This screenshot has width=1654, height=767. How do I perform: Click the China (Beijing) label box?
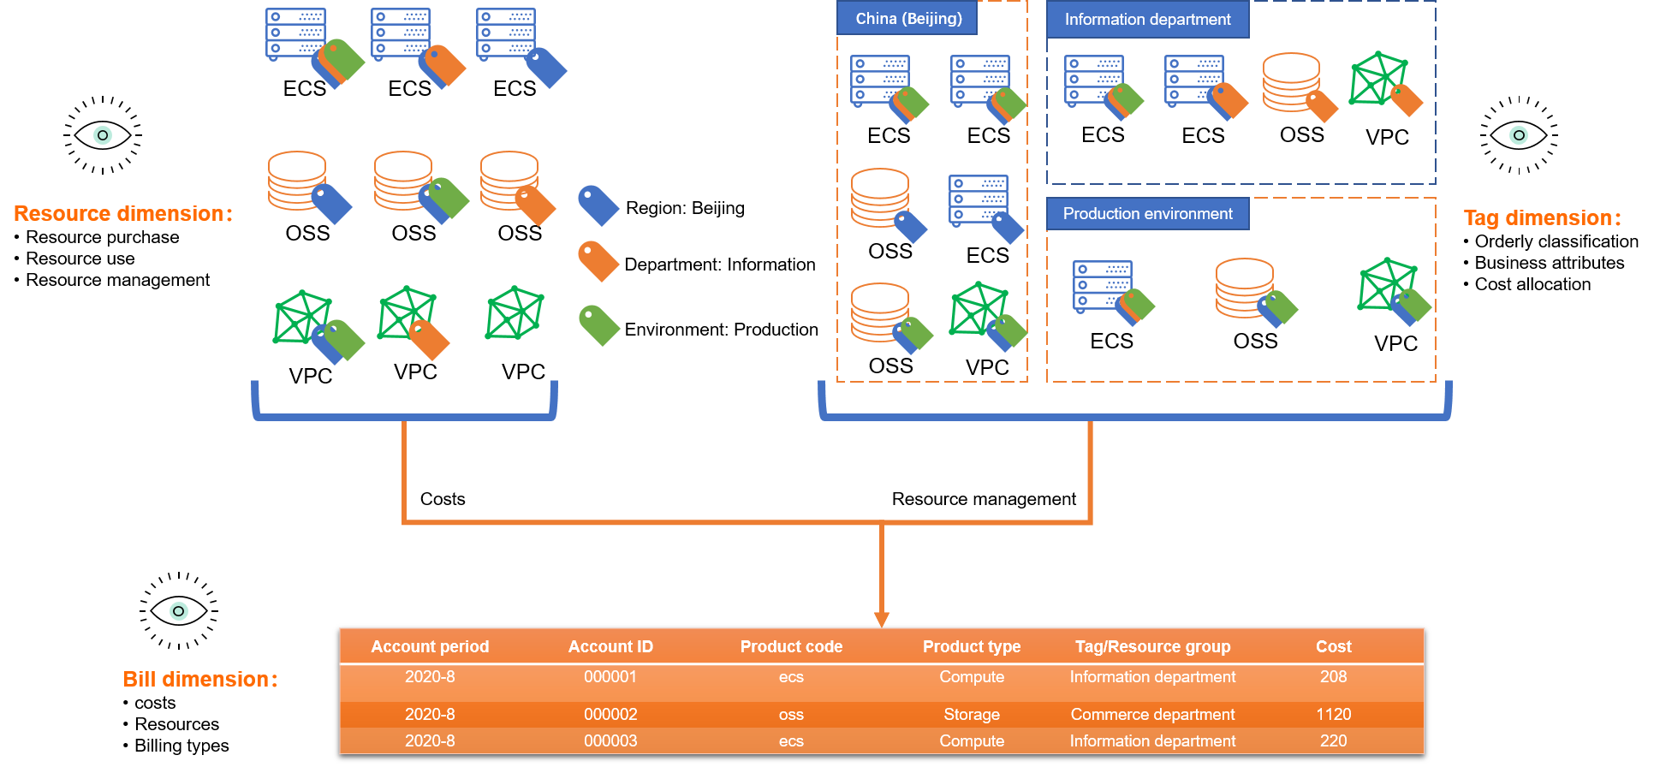tap(907, 19)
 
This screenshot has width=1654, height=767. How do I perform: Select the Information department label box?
tap(1147, 20)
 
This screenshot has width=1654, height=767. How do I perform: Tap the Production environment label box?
tap(1147, 214)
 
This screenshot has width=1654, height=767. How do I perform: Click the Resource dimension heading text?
tap(123, 214)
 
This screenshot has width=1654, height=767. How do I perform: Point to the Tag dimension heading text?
tap(1542, 218)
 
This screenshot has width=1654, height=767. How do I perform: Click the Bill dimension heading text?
tap(200, 680)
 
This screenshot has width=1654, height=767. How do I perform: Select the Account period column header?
tap(430, 647)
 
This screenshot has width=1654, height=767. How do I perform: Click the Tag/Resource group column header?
tap(1152, 647)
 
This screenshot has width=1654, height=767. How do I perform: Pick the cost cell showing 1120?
tap(1333, 715)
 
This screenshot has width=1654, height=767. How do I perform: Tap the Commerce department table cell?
tap(1152, 715)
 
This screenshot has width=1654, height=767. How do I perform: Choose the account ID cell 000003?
tap(610, 741)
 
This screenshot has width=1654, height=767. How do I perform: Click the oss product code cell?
tap(791, 715)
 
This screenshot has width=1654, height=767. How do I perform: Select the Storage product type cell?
tap(972, 715)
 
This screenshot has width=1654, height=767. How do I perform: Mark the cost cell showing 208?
tap(1333, 677)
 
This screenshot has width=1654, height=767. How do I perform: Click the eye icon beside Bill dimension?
tap(178, 611)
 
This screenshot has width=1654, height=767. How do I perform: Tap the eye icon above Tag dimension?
tap(1519, 135)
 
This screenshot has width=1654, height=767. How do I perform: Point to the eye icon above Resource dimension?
tap(103, 135)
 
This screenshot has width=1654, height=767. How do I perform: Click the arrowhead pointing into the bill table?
tap(882, 619)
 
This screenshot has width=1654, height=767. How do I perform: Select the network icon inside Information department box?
tap(1377, 79)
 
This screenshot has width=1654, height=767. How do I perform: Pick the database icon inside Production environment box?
tap(1243, 288)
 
